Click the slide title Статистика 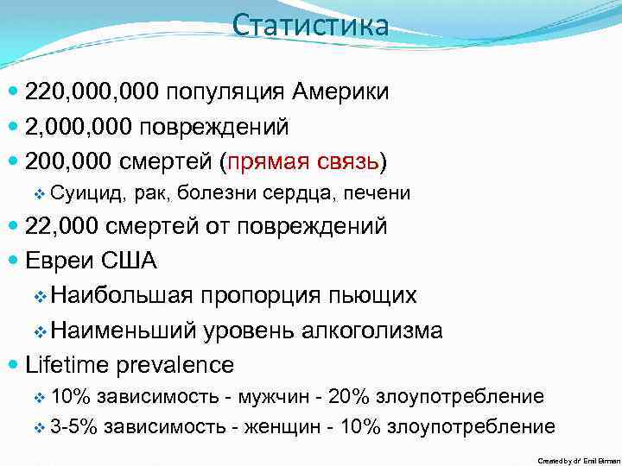[x=311, y=25]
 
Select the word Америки [x=340, y=91]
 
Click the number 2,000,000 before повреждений [x=80, y=127]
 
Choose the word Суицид [x=85, y=192]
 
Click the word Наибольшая [x=121, y=295]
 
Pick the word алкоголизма [x=374, y=330]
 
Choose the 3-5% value [x=73, y=426]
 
